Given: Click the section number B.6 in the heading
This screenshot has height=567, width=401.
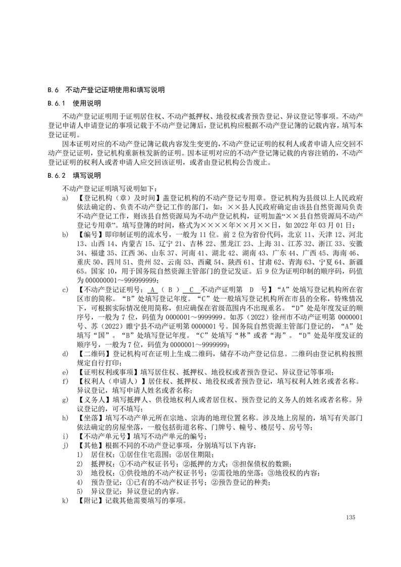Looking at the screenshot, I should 54,90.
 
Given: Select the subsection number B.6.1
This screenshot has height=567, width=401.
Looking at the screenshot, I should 57,104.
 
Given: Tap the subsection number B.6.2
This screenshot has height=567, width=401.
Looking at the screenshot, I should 57,176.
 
